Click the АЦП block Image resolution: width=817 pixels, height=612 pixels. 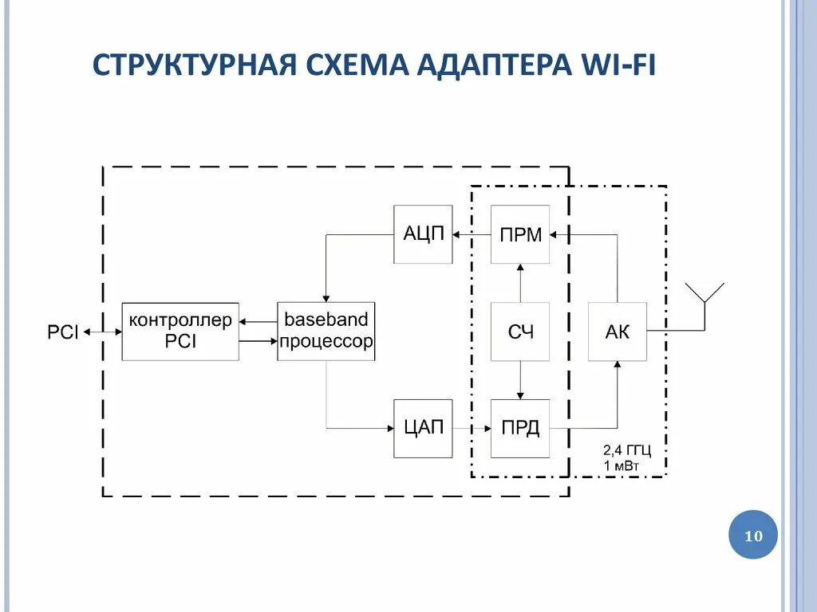(x=423, y=234)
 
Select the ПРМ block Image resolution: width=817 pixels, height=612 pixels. (x=520, y=234)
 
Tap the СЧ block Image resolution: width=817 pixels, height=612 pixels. (x=520, y=331)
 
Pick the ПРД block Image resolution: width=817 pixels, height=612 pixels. (x=520, y=428)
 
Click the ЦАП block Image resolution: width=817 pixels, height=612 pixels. (x=423, y=428)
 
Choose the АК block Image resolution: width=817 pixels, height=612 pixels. (x=617, y=331)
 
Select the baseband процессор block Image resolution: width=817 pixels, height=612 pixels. (x=326, y=331)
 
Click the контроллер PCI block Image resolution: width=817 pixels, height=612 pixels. (x=180, y=331)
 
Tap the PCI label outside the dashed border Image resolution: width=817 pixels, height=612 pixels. (x=62, y=332)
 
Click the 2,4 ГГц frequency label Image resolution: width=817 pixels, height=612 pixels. (x=627, y=451)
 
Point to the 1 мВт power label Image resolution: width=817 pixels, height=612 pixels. (x=622, y=465)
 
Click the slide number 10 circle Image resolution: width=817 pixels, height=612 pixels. (x=753, y=535)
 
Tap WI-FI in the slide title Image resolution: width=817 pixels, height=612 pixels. (x=614, y=65)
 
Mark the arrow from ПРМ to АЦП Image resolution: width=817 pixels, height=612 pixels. (x=472, y=234)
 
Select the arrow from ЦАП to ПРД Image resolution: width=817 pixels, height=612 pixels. (x=472, y=429)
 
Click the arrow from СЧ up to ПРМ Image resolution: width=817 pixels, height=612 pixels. (x=520, y=283)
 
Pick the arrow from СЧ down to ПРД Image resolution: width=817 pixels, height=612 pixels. (x=520, y=380)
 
